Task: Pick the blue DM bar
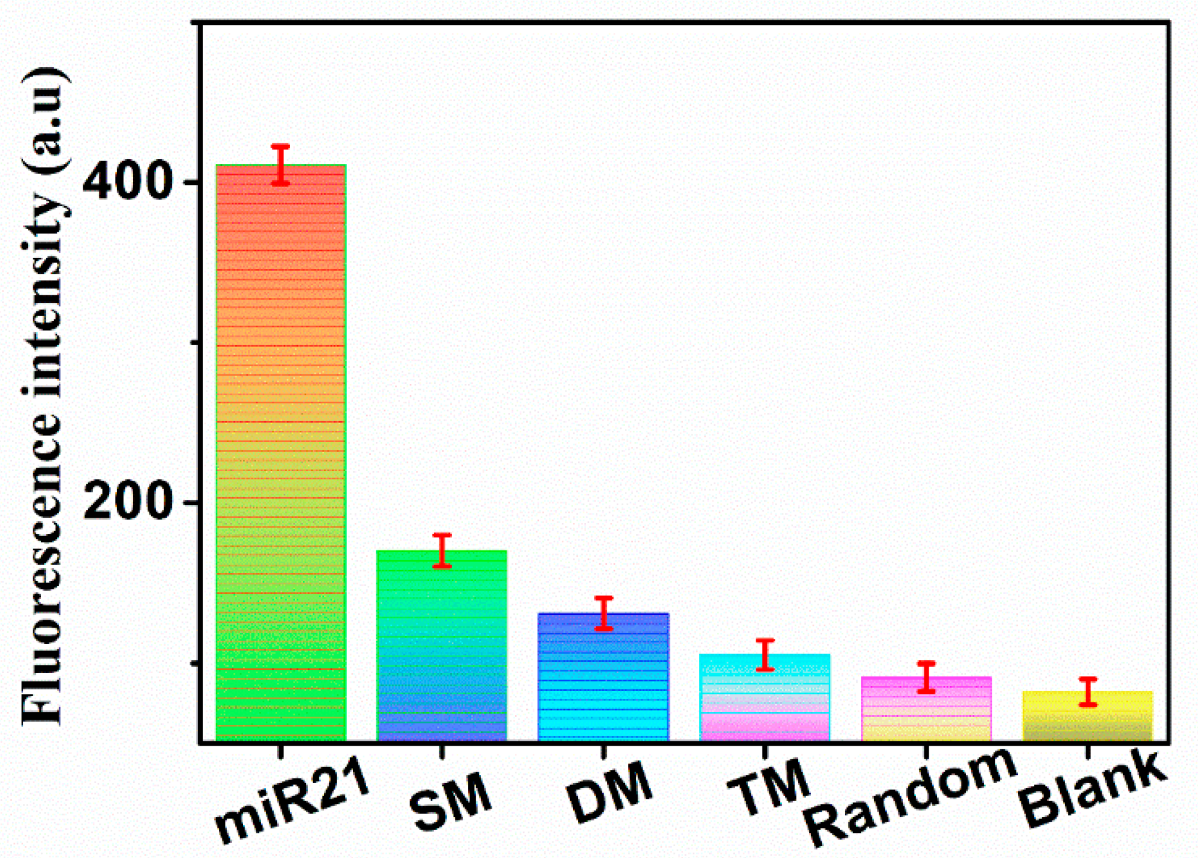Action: tap(603, 677)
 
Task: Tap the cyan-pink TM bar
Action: tap(765, 698)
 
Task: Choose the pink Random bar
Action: tap(926, 709)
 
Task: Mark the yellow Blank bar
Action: tap(1087, 717)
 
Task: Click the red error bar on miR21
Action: tap(281, 165)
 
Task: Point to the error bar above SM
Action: tap(442, 550)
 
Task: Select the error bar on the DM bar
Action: tap(603, 613)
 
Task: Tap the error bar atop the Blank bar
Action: tap(1087, 692)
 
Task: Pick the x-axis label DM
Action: tap(609, 793)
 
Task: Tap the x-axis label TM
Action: tap(769, 788)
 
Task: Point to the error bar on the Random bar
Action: tap(926, 677)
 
